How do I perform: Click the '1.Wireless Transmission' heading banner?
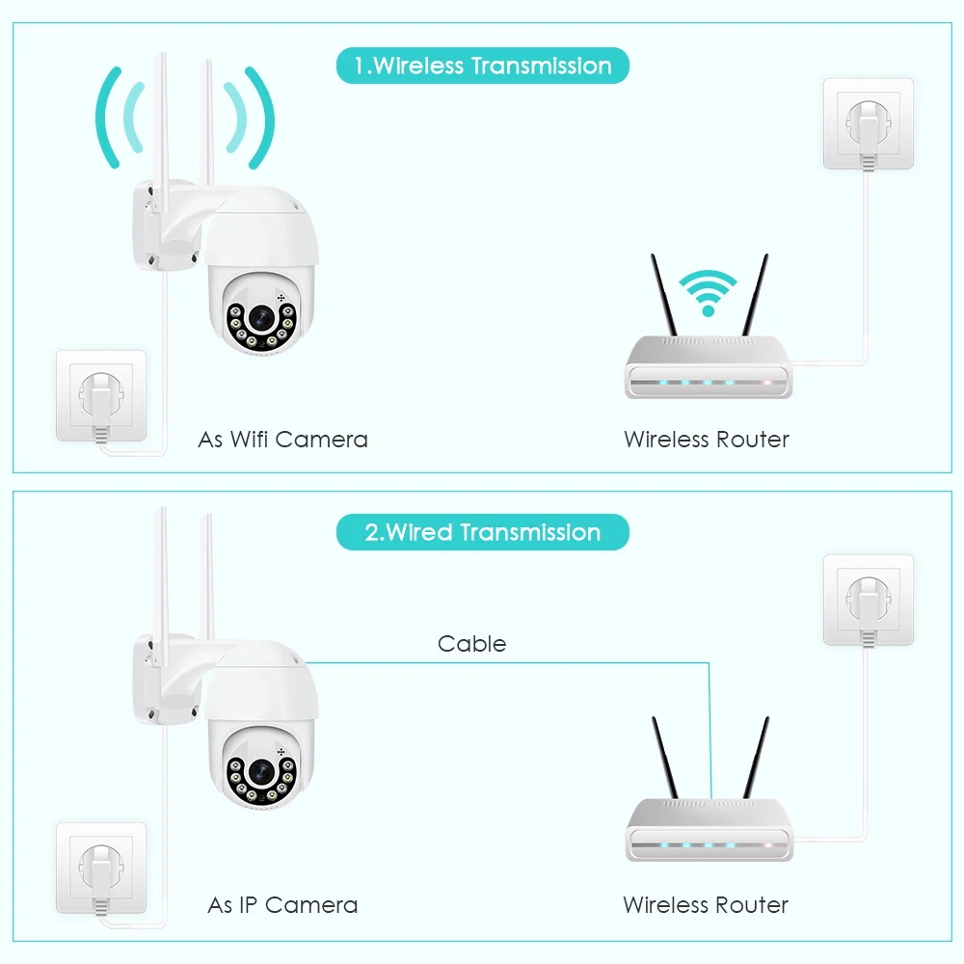(x=482, y=67)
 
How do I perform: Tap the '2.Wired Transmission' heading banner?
(x=482, y=532)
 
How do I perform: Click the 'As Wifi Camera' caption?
(x=282, y=440)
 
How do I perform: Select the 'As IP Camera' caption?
(x=282, y=905)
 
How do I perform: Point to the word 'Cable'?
(x=471, y=643)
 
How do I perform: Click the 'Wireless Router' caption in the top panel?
(x=707, y=440)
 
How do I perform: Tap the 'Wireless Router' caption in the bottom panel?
(x=706, y=905)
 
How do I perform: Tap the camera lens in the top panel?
(x=260, y=316)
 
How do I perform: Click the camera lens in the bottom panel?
(x=260, y=771)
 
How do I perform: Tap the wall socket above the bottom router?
(x=868, y=600)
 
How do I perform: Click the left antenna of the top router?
(x=663, y=294)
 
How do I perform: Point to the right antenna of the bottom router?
(x=756, y=757)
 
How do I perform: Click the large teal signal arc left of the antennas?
(x=108, y=116)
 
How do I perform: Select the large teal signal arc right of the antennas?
(x=260, y=116)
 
